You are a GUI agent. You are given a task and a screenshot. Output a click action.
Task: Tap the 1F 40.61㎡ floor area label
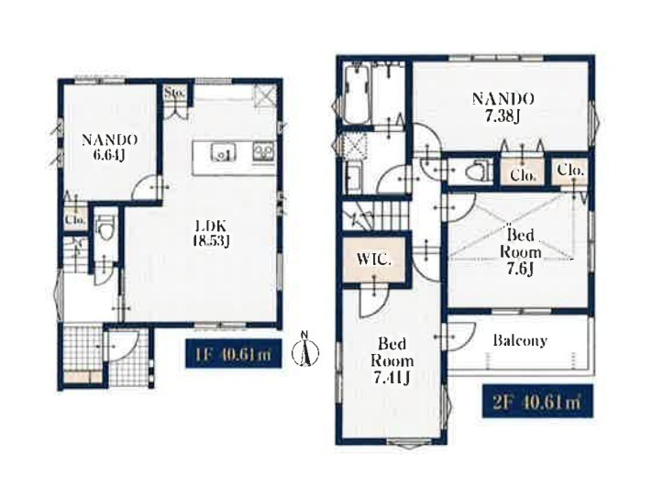234,354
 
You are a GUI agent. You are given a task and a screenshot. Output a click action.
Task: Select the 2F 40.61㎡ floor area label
537,401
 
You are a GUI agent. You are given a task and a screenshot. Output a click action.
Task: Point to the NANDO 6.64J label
109,147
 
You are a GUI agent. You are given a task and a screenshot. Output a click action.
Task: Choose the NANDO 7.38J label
503,107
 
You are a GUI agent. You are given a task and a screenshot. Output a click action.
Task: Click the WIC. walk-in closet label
374,260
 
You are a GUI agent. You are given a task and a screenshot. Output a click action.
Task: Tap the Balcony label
520,341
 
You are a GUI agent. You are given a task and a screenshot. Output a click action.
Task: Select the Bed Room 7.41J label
392,360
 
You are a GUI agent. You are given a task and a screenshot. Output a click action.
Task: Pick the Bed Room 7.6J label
520,252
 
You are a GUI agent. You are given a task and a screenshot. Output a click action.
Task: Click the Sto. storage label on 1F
174,93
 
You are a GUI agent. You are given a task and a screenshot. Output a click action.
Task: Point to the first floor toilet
105,227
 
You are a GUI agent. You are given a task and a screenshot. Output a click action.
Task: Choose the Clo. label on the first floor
75,218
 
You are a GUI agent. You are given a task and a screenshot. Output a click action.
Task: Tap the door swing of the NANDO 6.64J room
146,188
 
